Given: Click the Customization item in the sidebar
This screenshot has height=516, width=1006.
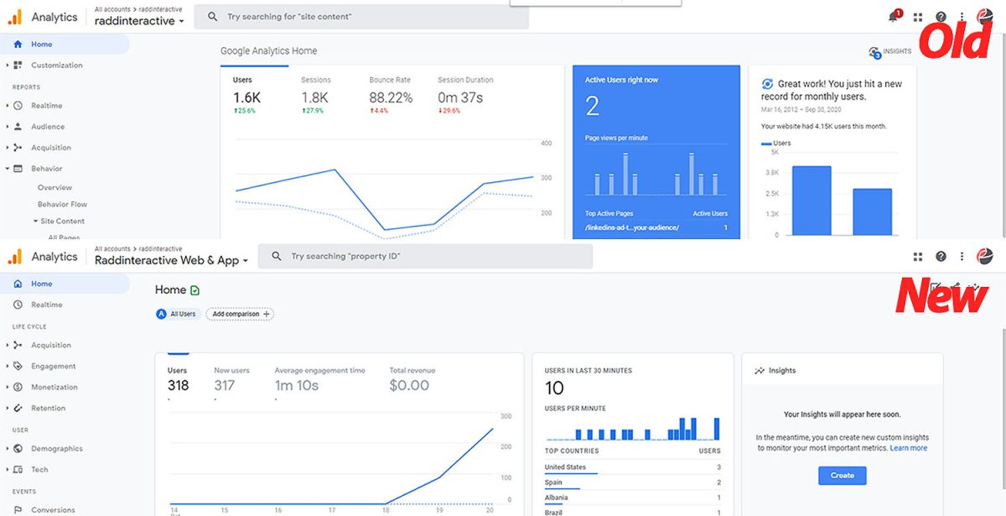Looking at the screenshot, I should [56, 65].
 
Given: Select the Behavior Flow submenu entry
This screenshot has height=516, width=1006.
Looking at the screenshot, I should [62, 204].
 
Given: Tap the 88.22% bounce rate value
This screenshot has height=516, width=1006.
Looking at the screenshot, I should [391, 98].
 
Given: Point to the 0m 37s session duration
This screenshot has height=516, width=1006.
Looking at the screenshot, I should [460, 98].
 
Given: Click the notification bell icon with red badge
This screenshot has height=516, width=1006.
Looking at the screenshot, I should [894, 17].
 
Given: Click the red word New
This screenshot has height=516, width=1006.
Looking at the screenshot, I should [941, 295].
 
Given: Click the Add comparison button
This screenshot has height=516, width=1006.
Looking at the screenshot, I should [240, 314].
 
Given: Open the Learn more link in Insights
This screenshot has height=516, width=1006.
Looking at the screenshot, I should [908, 448].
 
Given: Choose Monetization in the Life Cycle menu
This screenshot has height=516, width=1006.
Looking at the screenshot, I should [54, 387].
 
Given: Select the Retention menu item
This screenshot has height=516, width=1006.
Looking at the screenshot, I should [48, 408].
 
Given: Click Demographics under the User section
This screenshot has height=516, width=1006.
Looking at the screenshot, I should [57, 449].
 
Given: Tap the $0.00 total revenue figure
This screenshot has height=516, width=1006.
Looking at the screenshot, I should [409, 386].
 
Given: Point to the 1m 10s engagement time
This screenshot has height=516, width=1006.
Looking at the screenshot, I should [297, 386].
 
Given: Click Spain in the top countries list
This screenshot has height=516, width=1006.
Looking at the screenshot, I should [553, 482].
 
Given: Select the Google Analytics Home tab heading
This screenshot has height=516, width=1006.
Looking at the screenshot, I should [268, 51].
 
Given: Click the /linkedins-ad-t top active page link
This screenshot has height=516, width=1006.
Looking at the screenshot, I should [631, 227].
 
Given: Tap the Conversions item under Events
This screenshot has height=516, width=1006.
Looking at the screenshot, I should [53, 509].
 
